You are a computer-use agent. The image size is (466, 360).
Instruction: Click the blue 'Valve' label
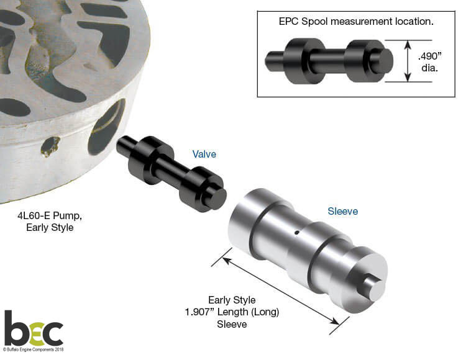(x=204, y=154)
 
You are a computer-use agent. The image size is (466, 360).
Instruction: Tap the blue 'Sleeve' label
(x=342, y=211)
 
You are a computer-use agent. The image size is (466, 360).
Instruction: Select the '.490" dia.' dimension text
(x=430, y=61)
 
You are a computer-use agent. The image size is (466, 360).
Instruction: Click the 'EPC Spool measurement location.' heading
(x=356, y=21)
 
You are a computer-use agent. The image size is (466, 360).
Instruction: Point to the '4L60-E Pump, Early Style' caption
(x=50, y=222)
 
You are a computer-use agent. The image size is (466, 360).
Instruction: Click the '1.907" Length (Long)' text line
(x=232, y=312)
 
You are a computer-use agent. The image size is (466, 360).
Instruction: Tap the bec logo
(x=34, y=328)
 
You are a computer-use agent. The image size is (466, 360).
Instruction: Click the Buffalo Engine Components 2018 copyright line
(x=34, y=349)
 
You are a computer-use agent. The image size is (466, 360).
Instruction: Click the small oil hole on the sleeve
(x=296, y=233)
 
